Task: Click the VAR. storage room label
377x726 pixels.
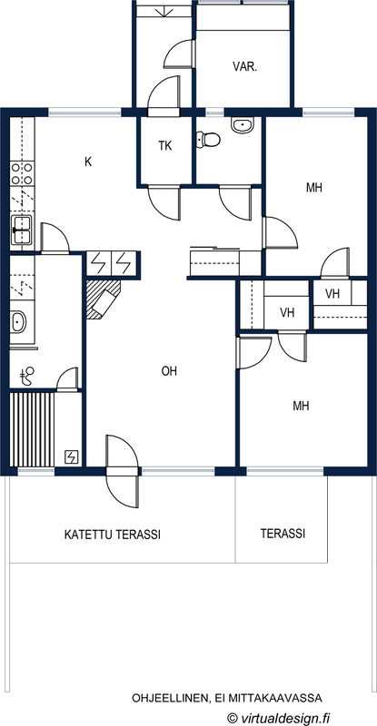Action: click(244, 66)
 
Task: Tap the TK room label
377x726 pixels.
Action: click(165, 146)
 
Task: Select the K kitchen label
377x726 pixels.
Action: click(88, 162)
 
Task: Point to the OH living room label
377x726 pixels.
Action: click(169, 371)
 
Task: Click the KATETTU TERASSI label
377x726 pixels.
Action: click(113, 535)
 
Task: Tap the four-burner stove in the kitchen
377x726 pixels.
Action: click(23, 173)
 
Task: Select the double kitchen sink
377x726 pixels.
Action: click(22, 230)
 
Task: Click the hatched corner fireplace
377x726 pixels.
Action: click(103, 299)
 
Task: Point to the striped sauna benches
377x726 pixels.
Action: click(32, 429)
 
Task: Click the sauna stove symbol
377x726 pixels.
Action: click(73, 457)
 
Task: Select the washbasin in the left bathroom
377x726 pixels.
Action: click(18, 321)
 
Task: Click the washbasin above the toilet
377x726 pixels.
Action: click(243, 125)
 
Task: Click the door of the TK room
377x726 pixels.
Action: click(164, 202)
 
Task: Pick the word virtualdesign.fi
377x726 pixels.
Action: click(284, 718)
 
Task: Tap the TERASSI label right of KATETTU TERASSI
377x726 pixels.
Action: click(283, 534)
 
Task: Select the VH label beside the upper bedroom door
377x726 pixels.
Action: click(332, 293)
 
